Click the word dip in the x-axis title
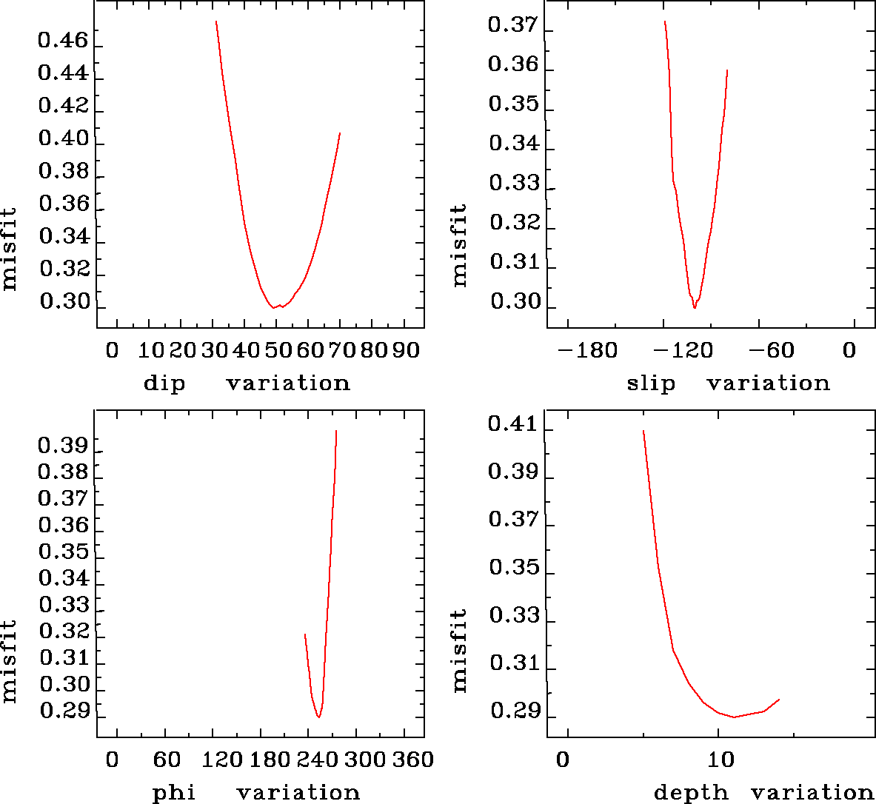pos(164,383)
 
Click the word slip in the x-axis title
pos(651,383)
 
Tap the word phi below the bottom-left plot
pos(174,793)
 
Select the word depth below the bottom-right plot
pos(691,793)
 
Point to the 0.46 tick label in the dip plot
pos(63,41)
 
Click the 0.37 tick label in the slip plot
pos(512,26)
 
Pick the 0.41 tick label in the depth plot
pos(512,424)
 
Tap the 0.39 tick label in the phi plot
pos(63,445)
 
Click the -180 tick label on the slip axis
pos(587,350)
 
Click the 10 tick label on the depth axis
pos(720,760)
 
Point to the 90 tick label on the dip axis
pos(406,350)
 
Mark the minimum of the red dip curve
pos(274,307)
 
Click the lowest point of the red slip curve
pos(695,307)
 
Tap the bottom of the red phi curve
pos(318,717)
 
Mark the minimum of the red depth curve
pos(733,717)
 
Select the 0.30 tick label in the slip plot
pos(512,301)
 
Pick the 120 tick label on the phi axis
pos(223,760)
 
